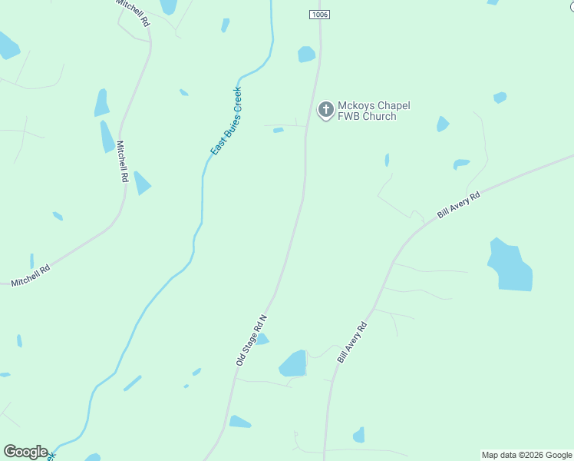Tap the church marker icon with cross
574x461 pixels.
(x=325, y=110)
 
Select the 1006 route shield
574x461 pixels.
(x=320, y=15)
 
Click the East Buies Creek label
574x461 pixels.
(x=226, y=121)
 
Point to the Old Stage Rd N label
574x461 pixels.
(x=251, y=339)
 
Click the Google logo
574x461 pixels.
(x=25, y=452)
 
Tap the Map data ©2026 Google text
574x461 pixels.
(x=526, y=455)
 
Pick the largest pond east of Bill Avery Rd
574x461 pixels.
(x=510, y=266)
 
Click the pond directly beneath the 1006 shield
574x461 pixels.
(x=306, y=54)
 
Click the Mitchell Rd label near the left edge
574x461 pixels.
(x=31, y=275)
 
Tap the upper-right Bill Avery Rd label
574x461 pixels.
(x=458, y=206)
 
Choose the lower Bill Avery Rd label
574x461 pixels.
(x=352, y=343)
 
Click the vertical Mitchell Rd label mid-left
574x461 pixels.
(x=121, y=161)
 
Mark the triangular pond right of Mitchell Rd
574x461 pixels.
(x=141, y=184)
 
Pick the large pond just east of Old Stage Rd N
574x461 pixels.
(x=293, y=363)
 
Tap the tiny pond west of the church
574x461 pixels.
(x=278, y=131)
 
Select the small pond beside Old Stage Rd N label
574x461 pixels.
(x=262, y=339)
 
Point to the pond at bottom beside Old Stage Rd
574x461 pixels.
(x=239, y=422)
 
